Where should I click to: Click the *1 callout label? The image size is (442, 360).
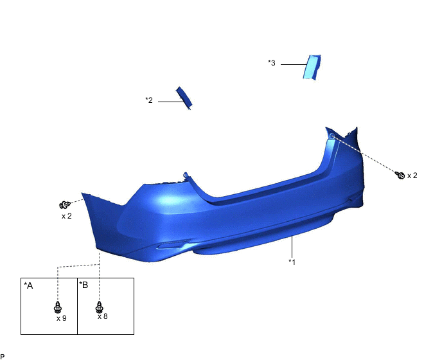292,262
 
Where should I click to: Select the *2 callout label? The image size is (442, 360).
149,100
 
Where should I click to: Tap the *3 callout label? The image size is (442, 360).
272,63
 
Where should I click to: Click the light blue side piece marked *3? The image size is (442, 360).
312,67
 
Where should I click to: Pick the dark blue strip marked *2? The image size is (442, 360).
184,98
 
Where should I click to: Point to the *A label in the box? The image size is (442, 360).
28,285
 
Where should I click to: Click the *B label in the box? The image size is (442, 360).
84,285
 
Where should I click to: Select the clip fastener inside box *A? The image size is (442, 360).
58,307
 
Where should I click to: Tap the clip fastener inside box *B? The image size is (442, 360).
99,307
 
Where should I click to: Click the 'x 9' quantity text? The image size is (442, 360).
62,318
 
